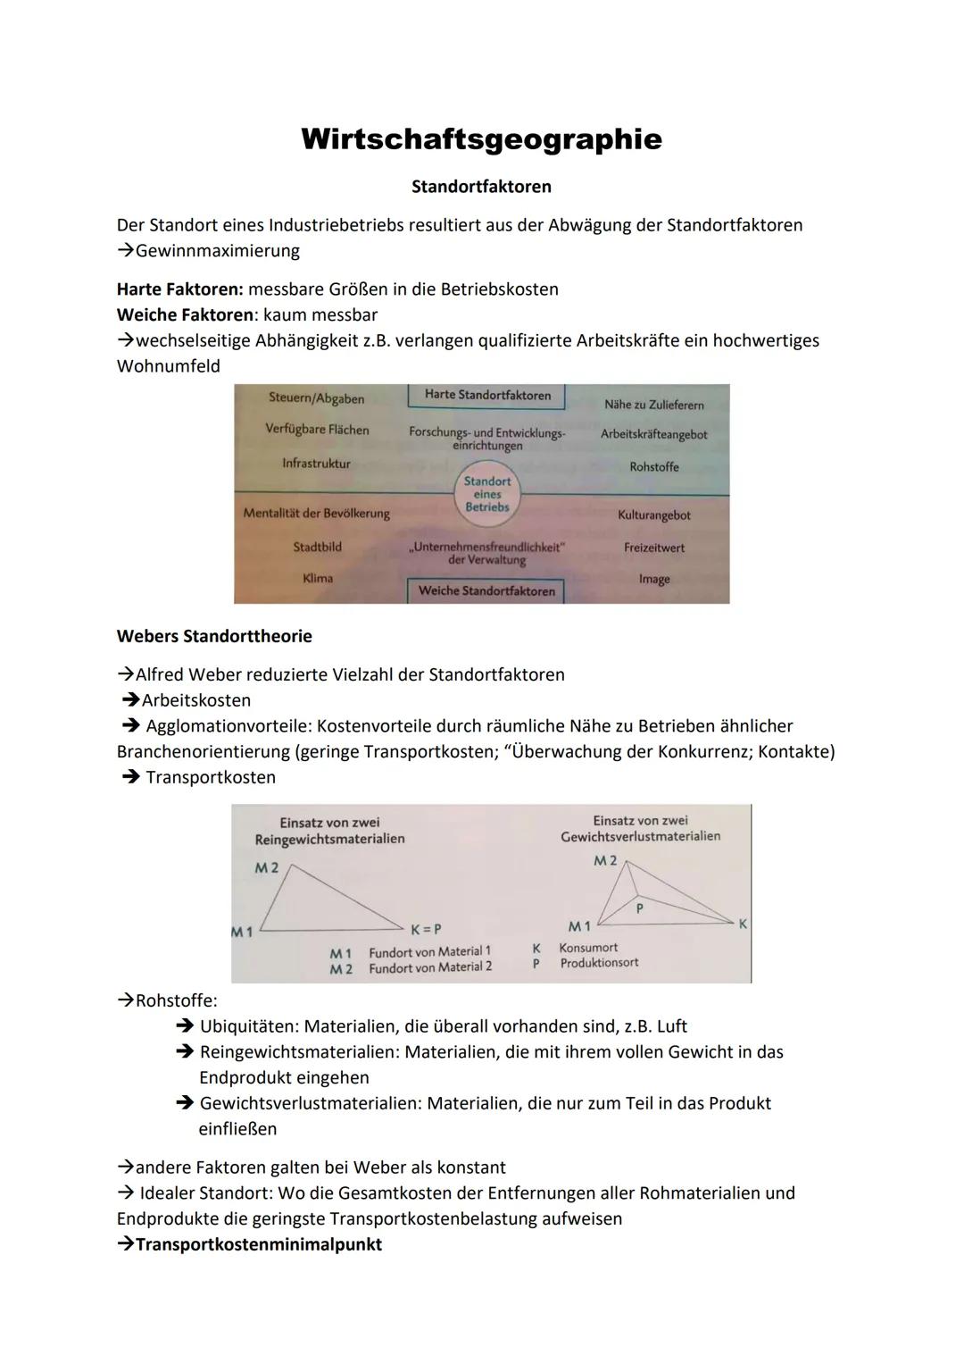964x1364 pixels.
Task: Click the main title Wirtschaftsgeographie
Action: click(x=481, y=139)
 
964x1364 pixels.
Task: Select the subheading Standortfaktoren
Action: click(x=481, y=187)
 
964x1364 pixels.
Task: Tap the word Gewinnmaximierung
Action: click(x=217, y=251)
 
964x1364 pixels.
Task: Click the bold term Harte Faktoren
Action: click(x=179, y=289)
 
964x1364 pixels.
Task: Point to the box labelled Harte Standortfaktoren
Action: click(x=487, y=395)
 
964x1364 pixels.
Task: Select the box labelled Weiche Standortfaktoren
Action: click(x=486, y=590)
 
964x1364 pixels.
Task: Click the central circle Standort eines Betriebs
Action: click(x=486, y=494)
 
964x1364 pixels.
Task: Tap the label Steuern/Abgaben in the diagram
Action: click(x=316, y=398)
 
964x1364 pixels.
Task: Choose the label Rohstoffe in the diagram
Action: click(x=653, y=467)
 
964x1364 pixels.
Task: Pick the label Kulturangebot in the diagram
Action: click(x=653, y=515)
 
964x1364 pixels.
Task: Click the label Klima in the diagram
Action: click(x=318, y=578)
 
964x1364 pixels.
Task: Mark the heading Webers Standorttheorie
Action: click(x=214, y=637)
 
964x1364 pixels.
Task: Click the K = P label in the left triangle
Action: click(x=426, y=929)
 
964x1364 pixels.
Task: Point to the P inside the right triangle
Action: click(x=639, y=907)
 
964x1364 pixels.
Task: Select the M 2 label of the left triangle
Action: click(x=266, y=867)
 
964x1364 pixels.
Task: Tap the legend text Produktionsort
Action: click(x=599, y=963)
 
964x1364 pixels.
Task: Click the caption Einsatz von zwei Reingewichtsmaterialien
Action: click(x=329, y=831)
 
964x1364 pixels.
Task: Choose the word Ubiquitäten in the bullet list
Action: click(x=247, y=1026)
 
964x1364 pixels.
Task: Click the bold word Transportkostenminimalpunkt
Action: click(x=259, y=1244)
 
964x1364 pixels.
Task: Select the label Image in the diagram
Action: click(x=653, y=579)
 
